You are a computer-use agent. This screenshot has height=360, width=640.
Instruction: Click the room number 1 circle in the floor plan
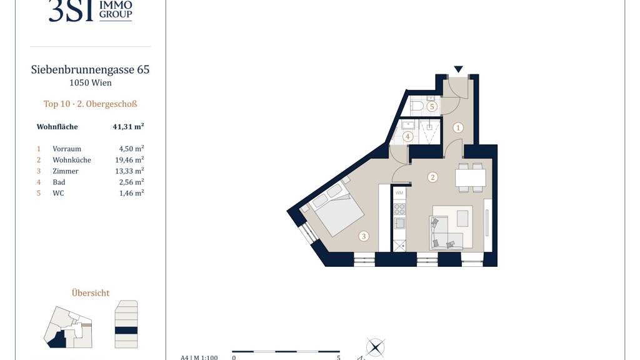[458, 127]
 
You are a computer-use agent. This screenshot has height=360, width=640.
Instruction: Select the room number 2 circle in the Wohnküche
[432, 177]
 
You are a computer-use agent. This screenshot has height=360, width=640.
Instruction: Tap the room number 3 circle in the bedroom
[364, 236]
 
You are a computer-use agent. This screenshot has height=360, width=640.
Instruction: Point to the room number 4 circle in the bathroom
[407, 136]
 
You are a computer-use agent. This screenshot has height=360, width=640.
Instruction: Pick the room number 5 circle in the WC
[432, 107]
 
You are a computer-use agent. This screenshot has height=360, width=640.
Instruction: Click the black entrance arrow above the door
[458, 69]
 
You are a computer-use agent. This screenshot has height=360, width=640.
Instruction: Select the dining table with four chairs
[470, 177]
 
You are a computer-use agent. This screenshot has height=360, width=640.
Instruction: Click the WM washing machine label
[399, 192]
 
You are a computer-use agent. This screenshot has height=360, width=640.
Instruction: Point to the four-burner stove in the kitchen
[399, 209]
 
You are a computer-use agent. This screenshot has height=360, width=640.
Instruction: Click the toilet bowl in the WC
[417, 106]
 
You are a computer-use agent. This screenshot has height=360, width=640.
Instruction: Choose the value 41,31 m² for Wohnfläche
[128, 126]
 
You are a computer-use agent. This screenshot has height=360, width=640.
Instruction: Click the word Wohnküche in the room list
[72, 160]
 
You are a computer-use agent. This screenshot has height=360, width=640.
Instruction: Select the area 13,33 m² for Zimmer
[129, 171]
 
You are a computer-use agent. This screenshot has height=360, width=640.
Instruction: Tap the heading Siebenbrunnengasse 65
[90, 70]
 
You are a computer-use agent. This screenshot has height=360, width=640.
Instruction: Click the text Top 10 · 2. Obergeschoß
[90, 104]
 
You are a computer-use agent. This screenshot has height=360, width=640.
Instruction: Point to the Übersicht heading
[91, 292]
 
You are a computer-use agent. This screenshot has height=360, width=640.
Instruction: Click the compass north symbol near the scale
[375, 347]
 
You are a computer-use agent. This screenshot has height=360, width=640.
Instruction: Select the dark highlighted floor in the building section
[126, 330]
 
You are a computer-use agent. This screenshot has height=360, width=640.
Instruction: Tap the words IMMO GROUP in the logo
[116, 10]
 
